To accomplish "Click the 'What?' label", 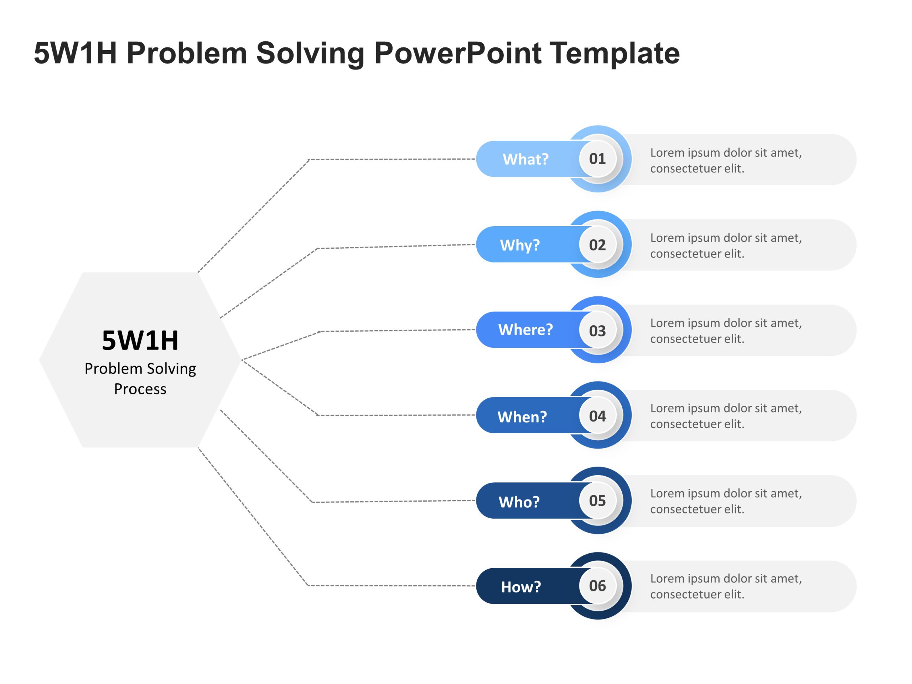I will pos(525,159).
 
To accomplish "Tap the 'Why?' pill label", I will pos(519,245).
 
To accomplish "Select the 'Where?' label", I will pos(525,330).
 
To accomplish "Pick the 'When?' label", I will pos(522,416).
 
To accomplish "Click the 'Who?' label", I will pos(519,502).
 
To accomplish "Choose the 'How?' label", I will pos(521,587).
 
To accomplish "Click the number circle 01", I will pos(597,159).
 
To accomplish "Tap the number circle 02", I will pos(597,244).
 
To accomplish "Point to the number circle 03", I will pos(597,330).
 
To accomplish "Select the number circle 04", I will pos(597,416).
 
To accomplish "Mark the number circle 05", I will pos(597,501).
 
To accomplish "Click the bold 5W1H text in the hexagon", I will pos(140,341).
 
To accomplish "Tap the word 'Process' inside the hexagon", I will pos(140,389).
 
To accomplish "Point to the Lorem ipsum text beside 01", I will pos(726,160).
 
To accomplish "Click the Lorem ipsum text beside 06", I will pos(726,586).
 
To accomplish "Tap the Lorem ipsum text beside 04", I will pos(726,416).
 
